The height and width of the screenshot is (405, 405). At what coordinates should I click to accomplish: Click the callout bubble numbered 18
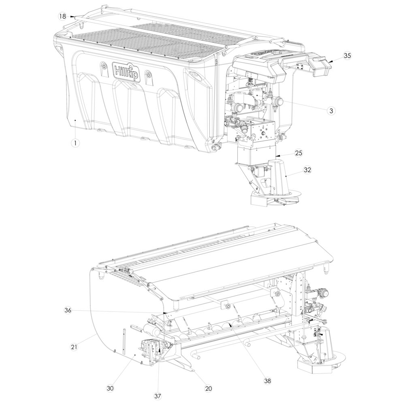(x=62, y=17)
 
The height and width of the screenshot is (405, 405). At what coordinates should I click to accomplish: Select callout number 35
(x=347, y=55)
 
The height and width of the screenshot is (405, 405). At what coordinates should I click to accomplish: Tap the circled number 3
(x=331, y=111)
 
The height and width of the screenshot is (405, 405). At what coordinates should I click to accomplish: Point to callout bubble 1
(x=75, y=143)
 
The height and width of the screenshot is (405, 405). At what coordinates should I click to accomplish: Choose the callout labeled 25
(x=298, y=153)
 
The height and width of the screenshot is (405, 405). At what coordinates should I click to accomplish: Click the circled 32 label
(x=307, y=170)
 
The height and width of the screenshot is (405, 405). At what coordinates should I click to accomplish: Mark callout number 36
(x=68, y=310)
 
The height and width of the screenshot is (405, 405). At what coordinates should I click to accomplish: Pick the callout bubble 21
(x=74, y=347)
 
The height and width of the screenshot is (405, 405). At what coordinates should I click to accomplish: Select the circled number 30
(x=110, y=388)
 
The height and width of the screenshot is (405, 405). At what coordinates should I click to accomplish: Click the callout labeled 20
(x=209, y=388)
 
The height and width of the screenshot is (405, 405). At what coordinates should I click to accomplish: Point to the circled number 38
(x=268, y=380)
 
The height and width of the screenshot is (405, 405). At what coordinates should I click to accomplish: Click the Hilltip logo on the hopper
(x=126, y=71)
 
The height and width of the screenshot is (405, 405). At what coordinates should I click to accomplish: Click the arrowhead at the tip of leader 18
(x=72, y=17)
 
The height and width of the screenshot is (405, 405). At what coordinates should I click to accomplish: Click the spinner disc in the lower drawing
(x=322, y=360)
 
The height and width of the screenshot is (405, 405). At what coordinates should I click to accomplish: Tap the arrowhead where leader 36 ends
(x=166, y=313)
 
